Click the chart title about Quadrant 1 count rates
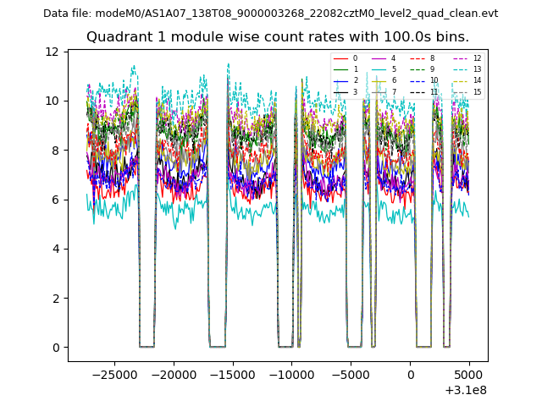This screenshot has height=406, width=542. [x=277, y=37]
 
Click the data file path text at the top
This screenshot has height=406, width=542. [x=270, y=14]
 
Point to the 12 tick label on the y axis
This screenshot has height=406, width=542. [x=53, y=52]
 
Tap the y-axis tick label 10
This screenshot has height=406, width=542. [x=53, y=101]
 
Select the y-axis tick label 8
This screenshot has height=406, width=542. [x=55, y=151]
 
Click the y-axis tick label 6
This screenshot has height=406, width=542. [x=55, y=200]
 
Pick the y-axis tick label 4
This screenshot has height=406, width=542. [x=55, y=249]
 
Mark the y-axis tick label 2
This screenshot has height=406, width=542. [x=55, y=298]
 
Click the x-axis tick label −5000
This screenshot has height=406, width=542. [x=351, y=374]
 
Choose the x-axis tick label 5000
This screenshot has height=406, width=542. [x=469, y=374]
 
